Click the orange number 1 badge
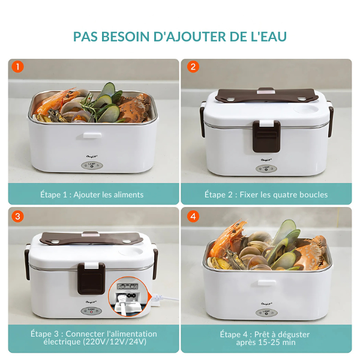point(17,67)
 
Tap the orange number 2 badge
point(193,67)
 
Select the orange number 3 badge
point(17,216)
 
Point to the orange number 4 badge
point(193,216)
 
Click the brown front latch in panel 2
point(266,136)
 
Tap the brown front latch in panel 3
point(91,278)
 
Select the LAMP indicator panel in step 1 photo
point(92,166)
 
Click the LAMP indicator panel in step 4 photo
point(266,313)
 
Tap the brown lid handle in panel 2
point(266,95)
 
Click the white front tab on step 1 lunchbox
point(92,136)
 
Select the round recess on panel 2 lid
point(306,109)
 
